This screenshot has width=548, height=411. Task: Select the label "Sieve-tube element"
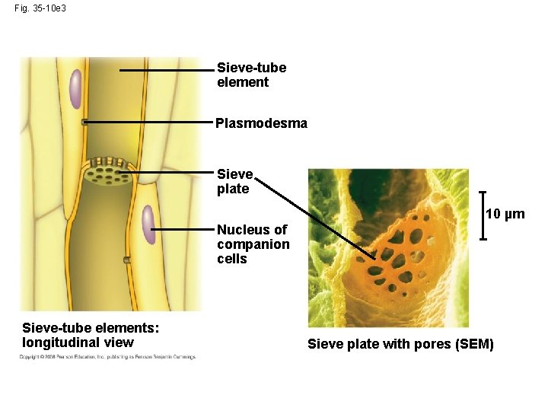(x=251, y=75)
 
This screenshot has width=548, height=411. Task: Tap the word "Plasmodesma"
(x=261, y=123)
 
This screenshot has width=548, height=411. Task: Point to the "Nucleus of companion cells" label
(x=253, y=244)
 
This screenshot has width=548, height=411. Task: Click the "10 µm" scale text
(x=505, y=214)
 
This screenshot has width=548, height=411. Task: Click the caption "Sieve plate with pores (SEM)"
(x=400, y=345)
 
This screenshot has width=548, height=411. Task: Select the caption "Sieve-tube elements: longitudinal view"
(x=91, y=335)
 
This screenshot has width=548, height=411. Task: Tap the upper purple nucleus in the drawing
(x=75, y=88)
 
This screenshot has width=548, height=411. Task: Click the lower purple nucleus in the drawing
(x=148, y=226)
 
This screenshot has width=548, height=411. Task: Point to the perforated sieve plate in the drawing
(x=107, y=173)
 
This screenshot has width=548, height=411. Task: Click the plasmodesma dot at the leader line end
(x=85, y=122)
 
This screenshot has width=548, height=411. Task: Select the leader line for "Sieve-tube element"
(x=167, y=69)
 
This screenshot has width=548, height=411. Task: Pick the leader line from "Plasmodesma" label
(x=148, y=122)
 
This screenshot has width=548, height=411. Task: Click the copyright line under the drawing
(x=107, y=356)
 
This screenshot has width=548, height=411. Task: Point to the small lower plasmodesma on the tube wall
(x=127, y=260)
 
